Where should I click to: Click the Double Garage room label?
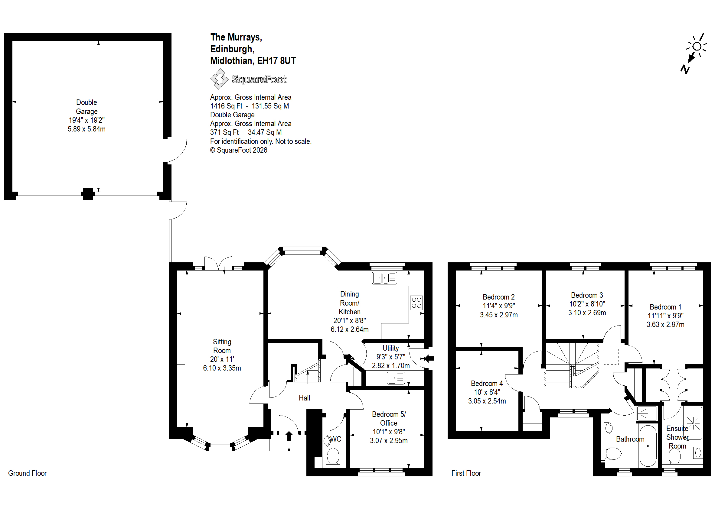(x=87, y=107)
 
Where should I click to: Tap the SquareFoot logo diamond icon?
(x=219, y=79)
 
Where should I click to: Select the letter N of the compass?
(x=685, y=69)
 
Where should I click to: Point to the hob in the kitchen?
(x=416, y=303)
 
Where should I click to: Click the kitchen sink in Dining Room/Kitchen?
(x=384, y=278)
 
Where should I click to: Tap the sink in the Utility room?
(x=396, y=378)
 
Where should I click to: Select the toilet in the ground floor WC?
(x=333, y=457)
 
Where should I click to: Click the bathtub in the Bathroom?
(x=648, y=446)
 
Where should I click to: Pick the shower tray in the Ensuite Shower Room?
(x=693, y=423)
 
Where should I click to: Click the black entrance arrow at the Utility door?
(x=429, y=358)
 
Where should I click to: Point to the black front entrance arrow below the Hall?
(x=289, y=436)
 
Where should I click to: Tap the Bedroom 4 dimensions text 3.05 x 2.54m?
(x=487, y=401)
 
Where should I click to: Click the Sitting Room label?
(x=222, y=346)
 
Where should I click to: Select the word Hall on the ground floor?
(x=304, y=398)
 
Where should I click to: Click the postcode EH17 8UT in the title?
(x=276, y=60)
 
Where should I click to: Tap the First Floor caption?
(x=466, y=473)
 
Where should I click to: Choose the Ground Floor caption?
(x=27, y=473)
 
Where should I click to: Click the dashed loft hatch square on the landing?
(x=611, y=355)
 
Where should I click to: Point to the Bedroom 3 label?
(x=587, y=295)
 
